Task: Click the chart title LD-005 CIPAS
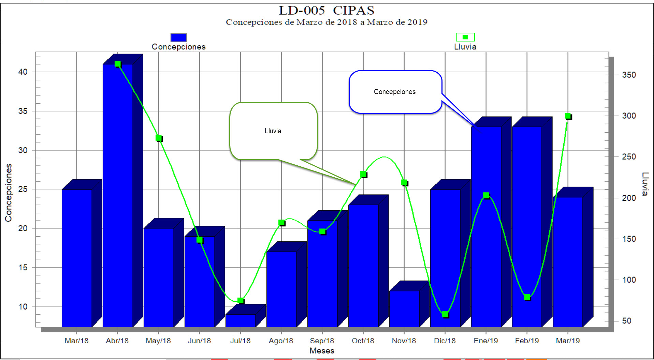click(326, 11)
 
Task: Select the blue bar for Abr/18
click(118, 194)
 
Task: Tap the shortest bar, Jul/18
click(241, 320)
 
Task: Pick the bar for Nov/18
click(404, 309)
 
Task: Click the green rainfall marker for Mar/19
click(568, 116)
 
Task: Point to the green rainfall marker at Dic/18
click(445, 314)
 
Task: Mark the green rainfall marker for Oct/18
click(363, 174)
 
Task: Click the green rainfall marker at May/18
click(159, 138)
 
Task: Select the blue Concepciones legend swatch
click(178, 37)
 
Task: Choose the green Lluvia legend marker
click(465, 37)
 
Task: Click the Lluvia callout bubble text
click(273, 131)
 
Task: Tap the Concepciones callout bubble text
click(395, 92)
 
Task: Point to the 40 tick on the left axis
click(23, 72)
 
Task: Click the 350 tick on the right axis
click(629, 75)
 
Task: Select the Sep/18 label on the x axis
click(322, 341)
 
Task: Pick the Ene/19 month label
click(486, 341)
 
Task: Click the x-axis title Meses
click(322, 350)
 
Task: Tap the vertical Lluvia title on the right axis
click(644, 184)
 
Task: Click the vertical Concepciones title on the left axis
click(8, 193)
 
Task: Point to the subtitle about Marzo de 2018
click(326, 22)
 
